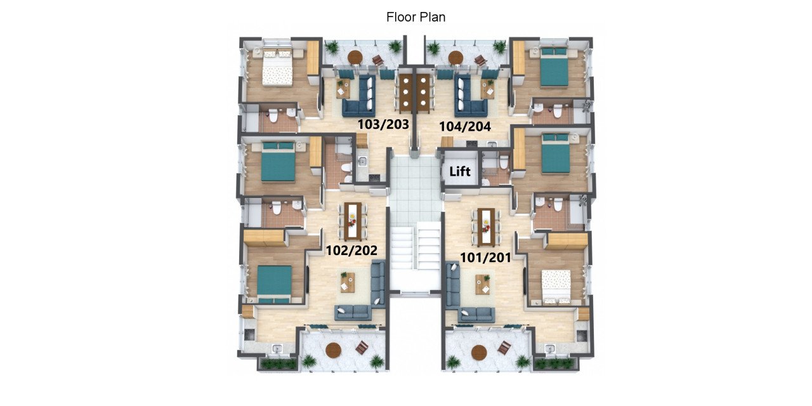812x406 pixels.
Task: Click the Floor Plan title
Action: [x=416, y=17]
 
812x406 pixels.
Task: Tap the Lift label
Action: [x=459, y=171]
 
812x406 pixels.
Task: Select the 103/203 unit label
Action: [x=383, y=124]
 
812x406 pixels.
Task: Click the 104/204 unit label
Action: [x=465, y=126]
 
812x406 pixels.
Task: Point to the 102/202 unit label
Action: [x=351, y=250]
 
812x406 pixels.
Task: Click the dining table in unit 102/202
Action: [x=353, y=221]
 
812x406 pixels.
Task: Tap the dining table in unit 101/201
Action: [x=486, y=226]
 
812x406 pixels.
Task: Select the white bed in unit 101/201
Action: [x=556, y=287]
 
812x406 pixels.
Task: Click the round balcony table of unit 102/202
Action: [x=333, y=350]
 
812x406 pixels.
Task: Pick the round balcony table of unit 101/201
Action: [x=480, y=351]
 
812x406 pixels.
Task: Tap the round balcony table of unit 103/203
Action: [x=355, y=57]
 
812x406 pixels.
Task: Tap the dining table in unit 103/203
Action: [x=405, y=93]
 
